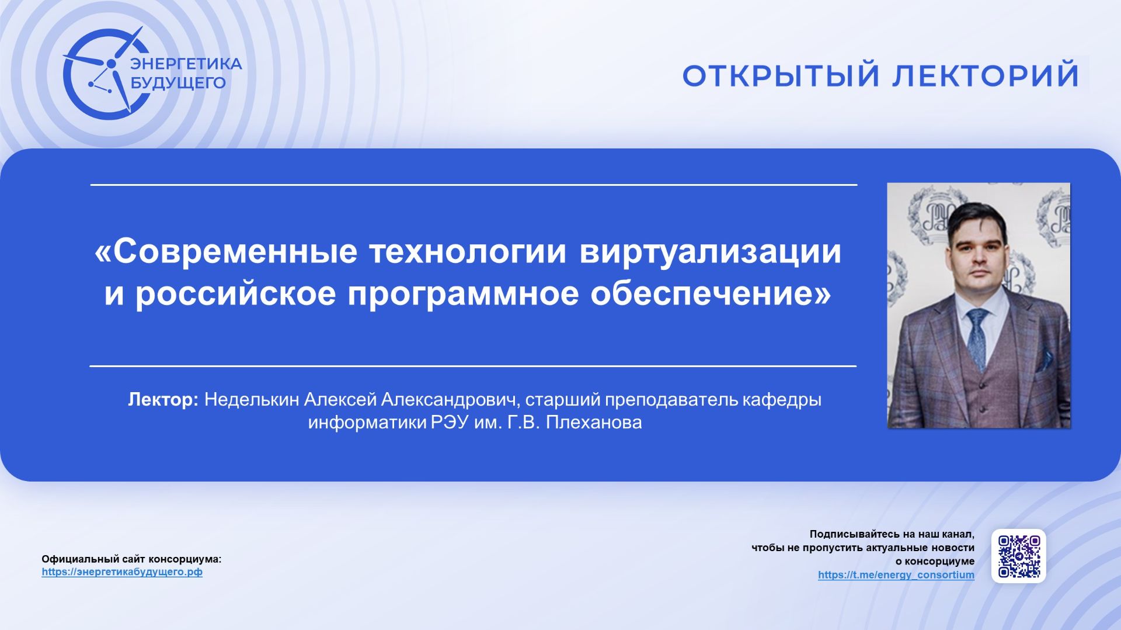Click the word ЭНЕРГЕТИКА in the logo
point(186,64)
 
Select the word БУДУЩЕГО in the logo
point(177,83)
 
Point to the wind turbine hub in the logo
point(111,63)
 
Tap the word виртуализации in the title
point(710,251)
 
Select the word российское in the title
point(236,293)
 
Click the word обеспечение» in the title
point(710,293)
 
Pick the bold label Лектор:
point(163,400)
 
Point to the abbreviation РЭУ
point(450,423)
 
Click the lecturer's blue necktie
point(977,339)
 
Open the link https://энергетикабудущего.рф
point(122,572)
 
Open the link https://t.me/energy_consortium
point(896,575)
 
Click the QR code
point(1018,556)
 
